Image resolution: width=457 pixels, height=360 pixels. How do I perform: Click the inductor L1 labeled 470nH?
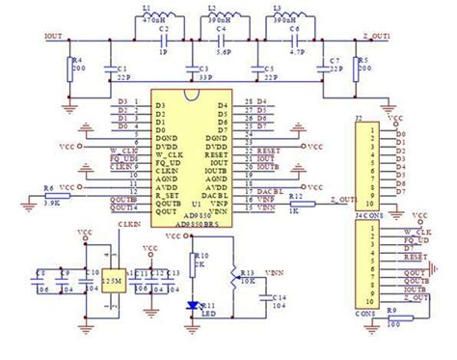155,22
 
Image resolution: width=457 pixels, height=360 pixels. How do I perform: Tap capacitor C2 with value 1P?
165,42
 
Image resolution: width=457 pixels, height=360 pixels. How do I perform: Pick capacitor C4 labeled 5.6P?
227,42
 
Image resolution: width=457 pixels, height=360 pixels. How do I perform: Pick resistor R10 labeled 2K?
189,263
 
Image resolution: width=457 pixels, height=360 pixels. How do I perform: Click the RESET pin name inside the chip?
216,152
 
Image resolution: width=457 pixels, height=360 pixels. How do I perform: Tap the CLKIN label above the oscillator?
128,225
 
